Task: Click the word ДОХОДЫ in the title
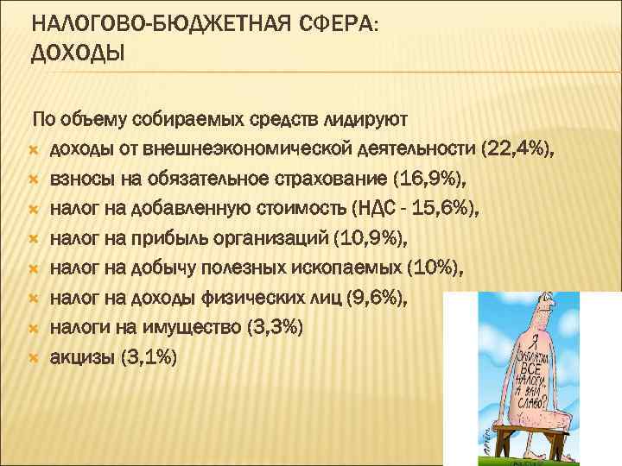[x=78, y=55]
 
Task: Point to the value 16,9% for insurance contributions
[x=428, y=179]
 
